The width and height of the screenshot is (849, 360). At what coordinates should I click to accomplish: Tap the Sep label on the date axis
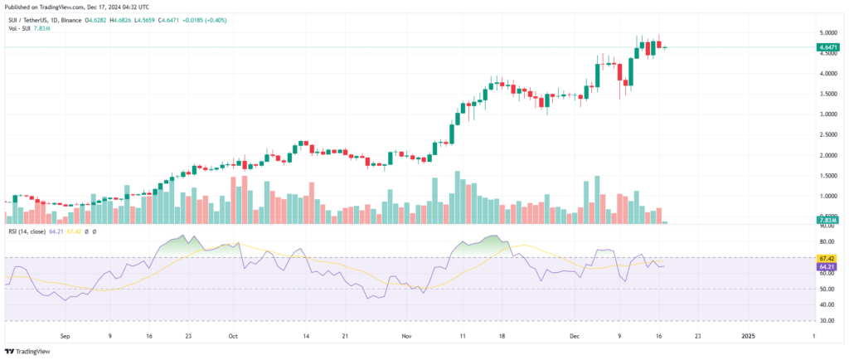(68, 337)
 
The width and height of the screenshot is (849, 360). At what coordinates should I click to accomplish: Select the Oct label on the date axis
(233, 337)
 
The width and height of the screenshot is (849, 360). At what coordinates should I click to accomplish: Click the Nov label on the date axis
(406, 337)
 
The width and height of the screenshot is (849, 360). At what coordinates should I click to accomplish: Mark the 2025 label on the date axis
(748, 337)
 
